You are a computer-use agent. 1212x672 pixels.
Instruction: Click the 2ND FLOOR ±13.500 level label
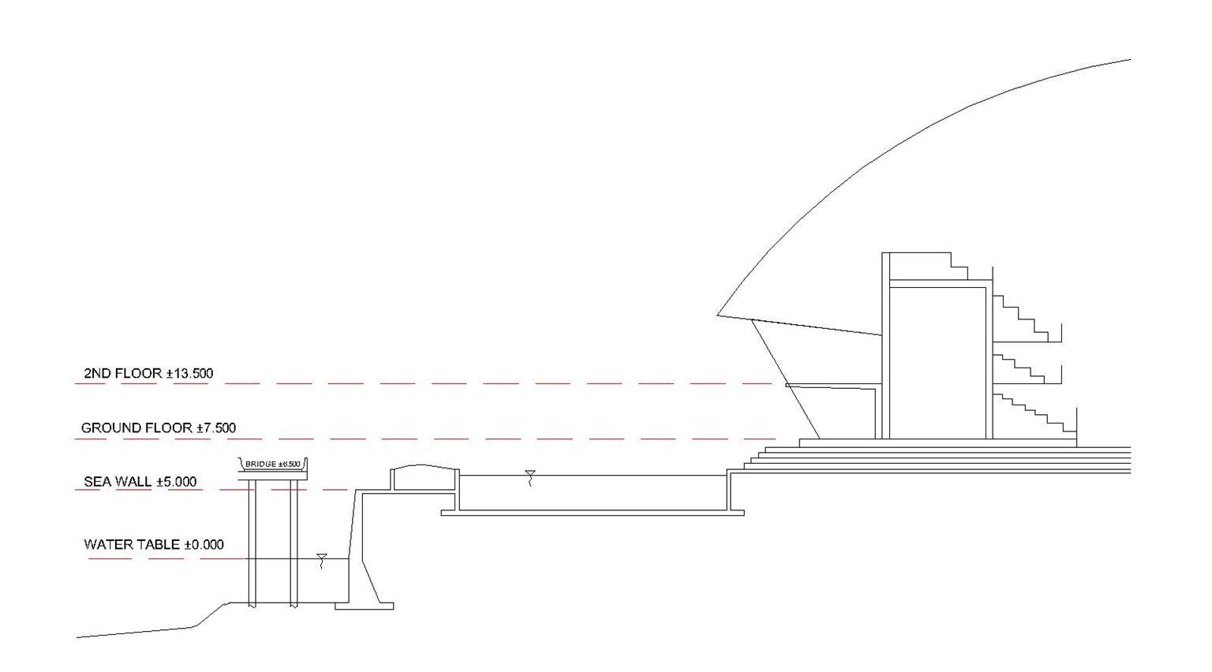148,373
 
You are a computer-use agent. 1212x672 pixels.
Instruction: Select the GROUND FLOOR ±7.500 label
159,427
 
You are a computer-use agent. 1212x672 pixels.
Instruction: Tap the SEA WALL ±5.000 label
140,482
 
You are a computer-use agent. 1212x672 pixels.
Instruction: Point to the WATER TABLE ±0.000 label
153,544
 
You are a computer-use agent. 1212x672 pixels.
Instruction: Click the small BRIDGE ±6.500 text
273,464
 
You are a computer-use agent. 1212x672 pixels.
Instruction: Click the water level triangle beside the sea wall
321,558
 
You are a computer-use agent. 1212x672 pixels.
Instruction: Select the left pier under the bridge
252,544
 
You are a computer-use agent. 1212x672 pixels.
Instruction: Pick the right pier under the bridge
294,544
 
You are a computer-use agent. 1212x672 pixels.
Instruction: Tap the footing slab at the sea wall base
364,606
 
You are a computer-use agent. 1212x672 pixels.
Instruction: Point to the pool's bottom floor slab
592,513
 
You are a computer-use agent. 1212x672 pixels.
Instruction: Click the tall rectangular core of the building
937,363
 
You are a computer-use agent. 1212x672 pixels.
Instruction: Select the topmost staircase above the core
959,264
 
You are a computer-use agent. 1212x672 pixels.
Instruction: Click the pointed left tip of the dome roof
719,315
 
